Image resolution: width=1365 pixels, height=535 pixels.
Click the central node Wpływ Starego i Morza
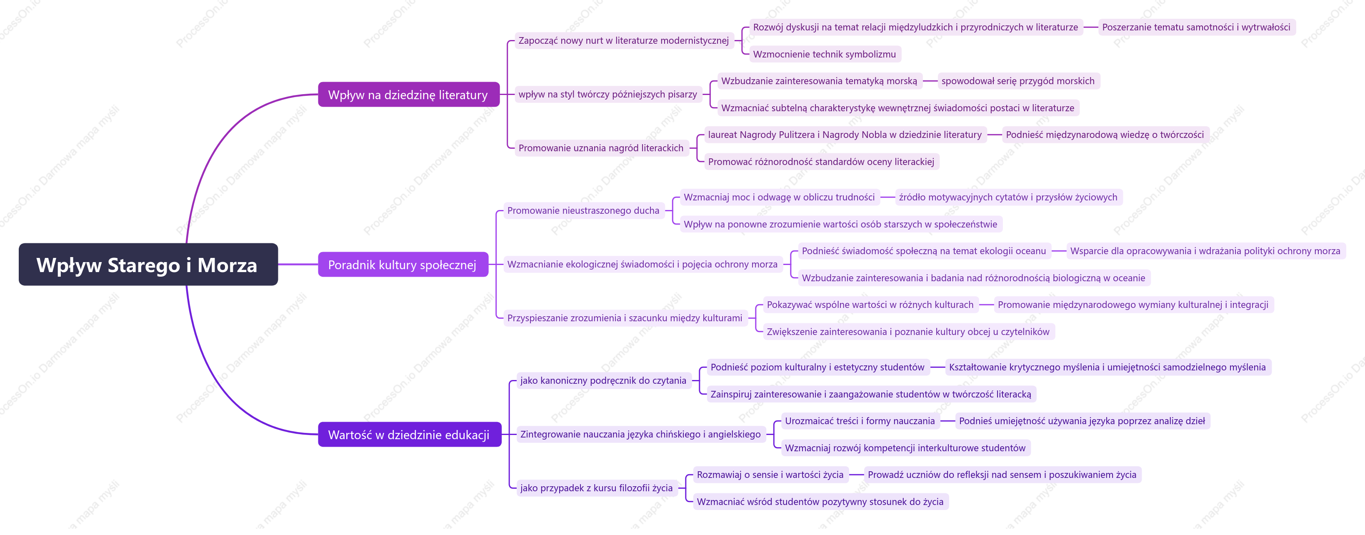click(x=148, y=264)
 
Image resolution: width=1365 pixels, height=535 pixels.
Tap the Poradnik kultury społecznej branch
click(x=403, y=264)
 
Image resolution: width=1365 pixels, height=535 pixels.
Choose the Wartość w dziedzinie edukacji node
click(x=410, y=434)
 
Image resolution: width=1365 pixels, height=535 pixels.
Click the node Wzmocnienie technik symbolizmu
click(x=825, y=54)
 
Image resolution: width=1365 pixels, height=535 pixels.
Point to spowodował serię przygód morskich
click(x=1018, y=81)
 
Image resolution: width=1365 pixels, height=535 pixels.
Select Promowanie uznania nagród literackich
click(x=601, y=148)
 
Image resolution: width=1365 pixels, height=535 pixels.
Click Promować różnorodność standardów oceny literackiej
click(x=821, y=162)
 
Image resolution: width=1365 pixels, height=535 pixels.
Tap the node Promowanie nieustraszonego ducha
click(x=583, y=211)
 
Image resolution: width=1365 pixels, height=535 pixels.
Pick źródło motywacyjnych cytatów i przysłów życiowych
click(x=1008, y=197)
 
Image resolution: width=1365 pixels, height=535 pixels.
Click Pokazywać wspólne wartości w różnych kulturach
click(x=870, y=305)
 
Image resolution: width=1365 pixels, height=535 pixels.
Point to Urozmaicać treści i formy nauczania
click(x=860, y=421)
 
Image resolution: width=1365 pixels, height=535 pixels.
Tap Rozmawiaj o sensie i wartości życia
click(x=770, y=475)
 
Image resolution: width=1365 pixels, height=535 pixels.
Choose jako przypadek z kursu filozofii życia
click(x=596, y=488)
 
